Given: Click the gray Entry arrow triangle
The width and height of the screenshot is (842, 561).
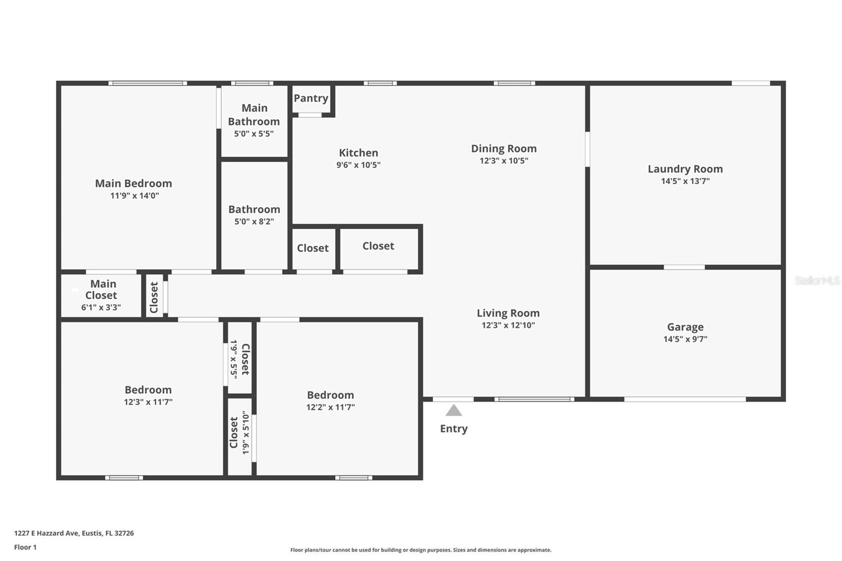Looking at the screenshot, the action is point(454,410).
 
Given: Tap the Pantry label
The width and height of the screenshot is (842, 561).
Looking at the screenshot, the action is point(311,98).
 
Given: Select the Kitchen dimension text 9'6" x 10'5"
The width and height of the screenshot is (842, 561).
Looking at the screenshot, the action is point(358,165).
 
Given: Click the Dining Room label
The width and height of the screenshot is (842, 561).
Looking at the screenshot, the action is point(504,148).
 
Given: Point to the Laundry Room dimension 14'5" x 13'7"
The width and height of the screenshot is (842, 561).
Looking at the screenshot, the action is point(685,181).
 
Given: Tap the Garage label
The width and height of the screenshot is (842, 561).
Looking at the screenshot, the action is point(685,327).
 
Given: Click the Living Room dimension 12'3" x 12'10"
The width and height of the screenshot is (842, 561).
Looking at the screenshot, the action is point(508,325).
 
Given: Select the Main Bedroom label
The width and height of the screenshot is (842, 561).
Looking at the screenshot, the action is point(134,184).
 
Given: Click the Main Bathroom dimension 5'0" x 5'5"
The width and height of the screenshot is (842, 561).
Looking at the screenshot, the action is point(254,134).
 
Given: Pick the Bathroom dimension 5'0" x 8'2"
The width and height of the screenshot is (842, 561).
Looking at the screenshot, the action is point(254,222).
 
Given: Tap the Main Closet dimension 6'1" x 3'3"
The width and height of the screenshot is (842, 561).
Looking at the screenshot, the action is point(101,307).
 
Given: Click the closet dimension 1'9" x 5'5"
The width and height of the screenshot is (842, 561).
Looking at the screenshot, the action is point(234,359).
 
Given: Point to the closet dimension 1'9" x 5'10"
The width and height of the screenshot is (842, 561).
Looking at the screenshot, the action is point(246,433).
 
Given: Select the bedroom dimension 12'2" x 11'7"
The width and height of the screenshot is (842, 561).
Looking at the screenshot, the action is point(330,407).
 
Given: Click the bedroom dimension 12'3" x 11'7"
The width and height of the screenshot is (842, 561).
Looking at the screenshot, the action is point(148,402).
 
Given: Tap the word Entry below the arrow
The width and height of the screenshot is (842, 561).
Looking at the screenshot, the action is point(454,429).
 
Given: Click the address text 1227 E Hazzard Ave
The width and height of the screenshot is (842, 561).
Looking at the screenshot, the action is point(47,533).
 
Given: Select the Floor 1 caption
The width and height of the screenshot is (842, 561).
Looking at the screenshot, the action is point(25,547).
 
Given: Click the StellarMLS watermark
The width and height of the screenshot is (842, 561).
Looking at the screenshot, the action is point(817,280).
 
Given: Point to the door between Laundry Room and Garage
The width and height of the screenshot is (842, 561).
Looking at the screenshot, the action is point(684,267).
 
